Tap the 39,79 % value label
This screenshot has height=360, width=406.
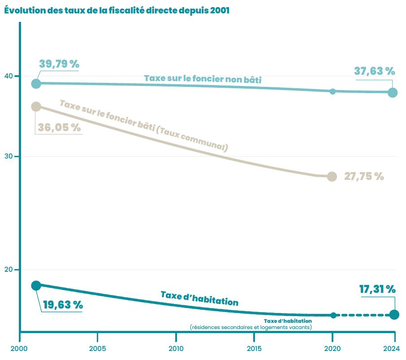pos(59,64)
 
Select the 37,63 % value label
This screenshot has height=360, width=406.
pos(374,71)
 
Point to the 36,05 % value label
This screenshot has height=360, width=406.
pos(59,128)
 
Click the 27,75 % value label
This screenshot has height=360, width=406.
pos(364,176)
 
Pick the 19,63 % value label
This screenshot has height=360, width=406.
pos(63,305)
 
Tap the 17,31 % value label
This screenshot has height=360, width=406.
pos(377,289)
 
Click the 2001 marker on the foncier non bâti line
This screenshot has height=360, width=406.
pos(36,84)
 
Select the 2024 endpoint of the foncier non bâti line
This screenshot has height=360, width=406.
pos(393,93)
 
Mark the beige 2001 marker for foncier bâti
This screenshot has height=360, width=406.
pos(36,107)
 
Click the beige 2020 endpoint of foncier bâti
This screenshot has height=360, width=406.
pos(332,176)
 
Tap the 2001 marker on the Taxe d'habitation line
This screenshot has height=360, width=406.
pos(36,285)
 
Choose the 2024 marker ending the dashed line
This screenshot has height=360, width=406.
pos(394,315)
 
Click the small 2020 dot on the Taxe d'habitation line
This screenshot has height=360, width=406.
pos(333,315)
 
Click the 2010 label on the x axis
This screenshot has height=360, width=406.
pos(176,348)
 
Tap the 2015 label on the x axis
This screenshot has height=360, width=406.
pos(254,348)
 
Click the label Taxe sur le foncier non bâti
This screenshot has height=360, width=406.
pos(203,78)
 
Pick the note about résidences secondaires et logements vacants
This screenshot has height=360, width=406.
pos(251,327)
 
